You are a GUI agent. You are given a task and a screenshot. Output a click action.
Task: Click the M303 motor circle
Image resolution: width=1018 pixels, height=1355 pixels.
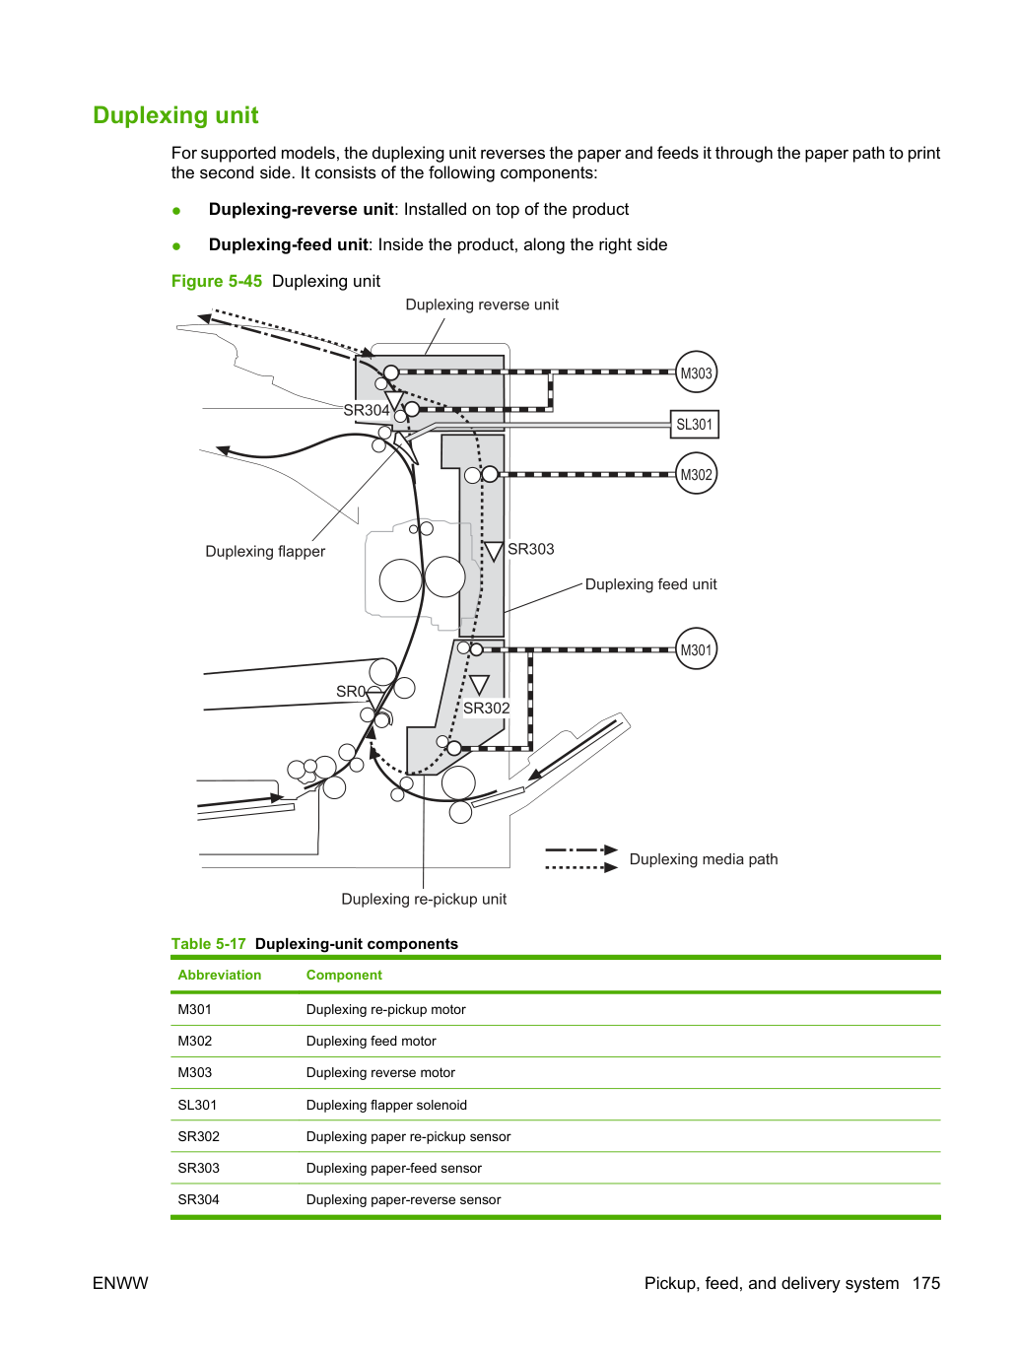coord(696,373)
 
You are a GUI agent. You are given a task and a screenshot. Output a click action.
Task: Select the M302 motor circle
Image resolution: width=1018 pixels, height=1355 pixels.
coord(696,474)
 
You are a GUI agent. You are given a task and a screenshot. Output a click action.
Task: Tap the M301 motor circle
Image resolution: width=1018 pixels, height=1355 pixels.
coord(696,649)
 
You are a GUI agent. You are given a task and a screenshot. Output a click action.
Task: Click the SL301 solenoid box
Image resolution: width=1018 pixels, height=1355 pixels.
coord(695,424)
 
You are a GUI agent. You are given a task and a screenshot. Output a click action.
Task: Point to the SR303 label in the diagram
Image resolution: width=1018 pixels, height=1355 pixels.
coord(531,549)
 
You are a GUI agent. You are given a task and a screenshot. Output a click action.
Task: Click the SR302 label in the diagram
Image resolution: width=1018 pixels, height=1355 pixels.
coord(487,709)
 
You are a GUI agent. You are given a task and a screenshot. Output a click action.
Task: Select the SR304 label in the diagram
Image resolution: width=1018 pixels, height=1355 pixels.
coord(367,410)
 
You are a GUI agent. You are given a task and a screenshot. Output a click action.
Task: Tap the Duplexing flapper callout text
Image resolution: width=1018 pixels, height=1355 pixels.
coord(265,551)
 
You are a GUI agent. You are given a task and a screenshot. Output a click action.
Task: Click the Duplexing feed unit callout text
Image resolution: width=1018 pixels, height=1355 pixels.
coord(650,584)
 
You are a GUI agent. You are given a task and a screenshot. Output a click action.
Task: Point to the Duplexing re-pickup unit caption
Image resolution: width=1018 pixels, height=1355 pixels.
coord(424,899)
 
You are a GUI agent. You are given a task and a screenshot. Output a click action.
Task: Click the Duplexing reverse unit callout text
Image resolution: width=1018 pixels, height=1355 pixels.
coord(482,305)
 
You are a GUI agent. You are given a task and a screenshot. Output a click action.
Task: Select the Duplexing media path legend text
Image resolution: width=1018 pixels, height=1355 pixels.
coord(704,859)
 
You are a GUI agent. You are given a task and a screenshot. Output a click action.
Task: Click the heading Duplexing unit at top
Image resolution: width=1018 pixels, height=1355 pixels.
coord(175,115)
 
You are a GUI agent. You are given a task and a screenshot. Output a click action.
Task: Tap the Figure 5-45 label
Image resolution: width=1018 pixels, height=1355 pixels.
coord(217,281)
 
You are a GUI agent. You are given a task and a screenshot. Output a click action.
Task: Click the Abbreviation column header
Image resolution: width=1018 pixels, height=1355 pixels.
coord(219,975)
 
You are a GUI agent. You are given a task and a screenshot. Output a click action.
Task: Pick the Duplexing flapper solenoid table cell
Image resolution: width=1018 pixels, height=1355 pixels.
coord(386,1105)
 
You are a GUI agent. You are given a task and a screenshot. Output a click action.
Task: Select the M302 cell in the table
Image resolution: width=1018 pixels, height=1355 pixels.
coord(194,1041)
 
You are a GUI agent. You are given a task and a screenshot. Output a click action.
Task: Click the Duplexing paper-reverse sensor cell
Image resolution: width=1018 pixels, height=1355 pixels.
coord(403,1199)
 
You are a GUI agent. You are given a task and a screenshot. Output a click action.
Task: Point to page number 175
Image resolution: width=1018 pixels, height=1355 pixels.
coord(926,1283)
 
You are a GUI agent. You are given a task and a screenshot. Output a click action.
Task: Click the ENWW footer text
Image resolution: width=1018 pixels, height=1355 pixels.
coord(120,1283)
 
